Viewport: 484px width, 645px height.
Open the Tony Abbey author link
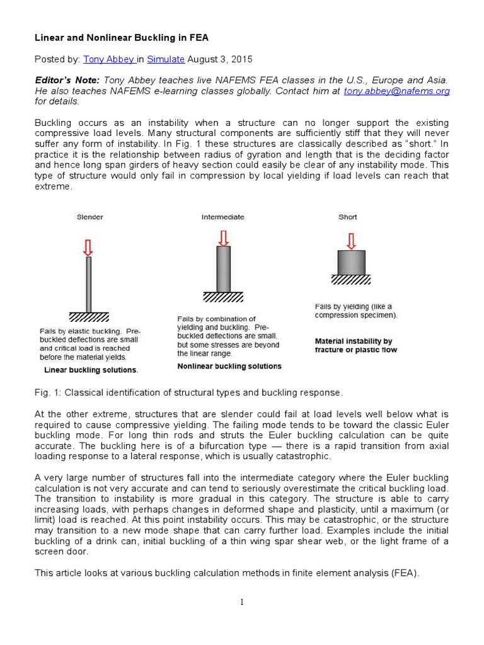tap(108, 59)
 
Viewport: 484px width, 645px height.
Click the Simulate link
tap(166, 59)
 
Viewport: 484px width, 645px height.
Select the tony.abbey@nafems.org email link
tap(396, 91)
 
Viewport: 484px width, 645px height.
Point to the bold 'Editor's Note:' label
tap(66, 80)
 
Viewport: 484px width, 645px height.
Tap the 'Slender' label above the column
tap(90, 217)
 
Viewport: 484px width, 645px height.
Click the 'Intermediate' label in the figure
tap(222, 217)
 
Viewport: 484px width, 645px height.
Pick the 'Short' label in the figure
tap(347, 217)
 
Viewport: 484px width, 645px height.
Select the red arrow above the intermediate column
tap(223, 238)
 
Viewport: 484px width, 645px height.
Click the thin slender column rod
tap(89, 283)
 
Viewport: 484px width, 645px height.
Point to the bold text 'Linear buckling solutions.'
tap(91, 370)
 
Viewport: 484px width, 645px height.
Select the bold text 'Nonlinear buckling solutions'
tap(229, 366)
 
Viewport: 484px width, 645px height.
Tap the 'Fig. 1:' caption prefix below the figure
tap(45, 393)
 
